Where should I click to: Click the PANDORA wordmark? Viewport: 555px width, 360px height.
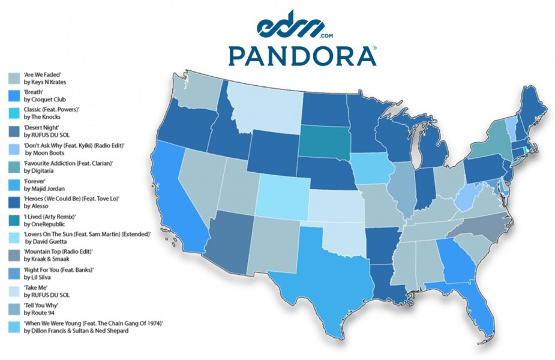click(x=302, y=55)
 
